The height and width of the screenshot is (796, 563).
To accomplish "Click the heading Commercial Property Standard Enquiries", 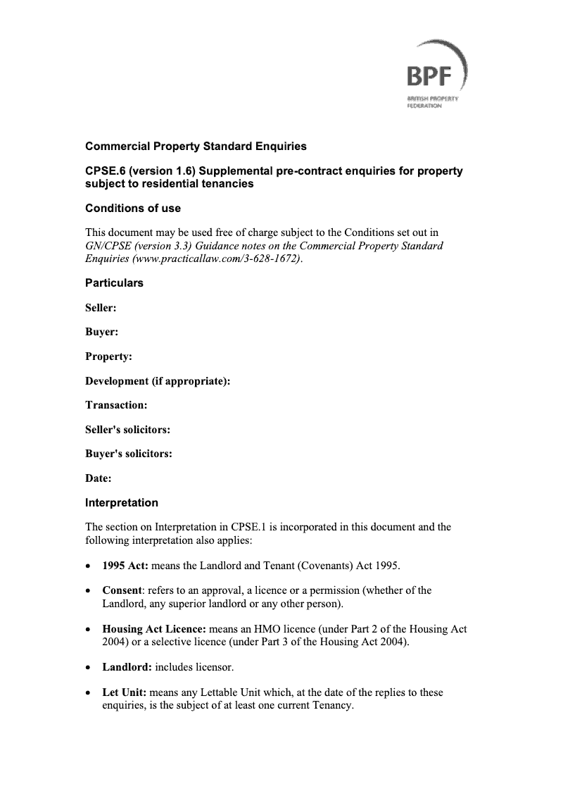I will pyautogui.click(x=196, y=147).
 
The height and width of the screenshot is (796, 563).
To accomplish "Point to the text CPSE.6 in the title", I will pyautogui.click(x=105, y=172).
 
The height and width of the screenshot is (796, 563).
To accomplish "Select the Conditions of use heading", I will pyautogui.click(x=133, y=209).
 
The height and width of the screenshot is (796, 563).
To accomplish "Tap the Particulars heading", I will pyautogui.click(x=114, y=283).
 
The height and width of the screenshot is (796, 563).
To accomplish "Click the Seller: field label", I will pyautogui.click(x=101, y=308).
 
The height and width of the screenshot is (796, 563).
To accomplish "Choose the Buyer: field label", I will pyautogui.click(x=101, y=332).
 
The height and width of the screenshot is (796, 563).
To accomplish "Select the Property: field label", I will pyautogui.click(x=108, y=356).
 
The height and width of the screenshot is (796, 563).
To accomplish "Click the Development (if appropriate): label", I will pyautogui.click(x=158, y=381).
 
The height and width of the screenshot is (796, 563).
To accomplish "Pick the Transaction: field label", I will pyautogui.click(x=116, y=405).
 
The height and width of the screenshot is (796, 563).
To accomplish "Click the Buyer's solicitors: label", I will pyautogui.click(x=129, y=454).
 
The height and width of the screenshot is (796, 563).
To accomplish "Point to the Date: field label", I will pyautogui.click(x=99, y=479).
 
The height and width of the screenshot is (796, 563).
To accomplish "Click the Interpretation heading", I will pyautogui.click(x=122, y=503).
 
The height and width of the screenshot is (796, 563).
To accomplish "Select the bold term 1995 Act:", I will pyautogui.click(x=125, y=566).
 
